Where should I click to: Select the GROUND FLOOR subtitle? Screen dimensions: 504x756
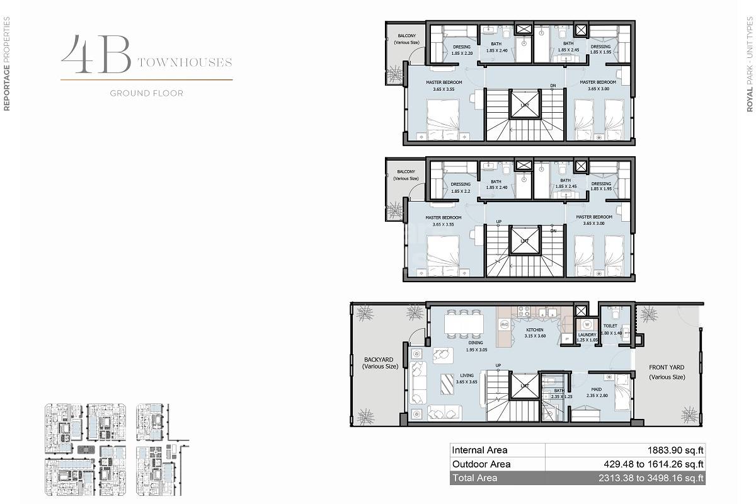pyautogui.click(x=146, y=93)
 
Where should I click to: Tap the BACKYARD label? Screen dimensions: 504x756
pyautogui.click(x=381, y=362)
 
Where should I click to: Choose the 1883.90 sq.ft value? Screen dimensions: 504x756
pyautogui.click(x=675, y=450)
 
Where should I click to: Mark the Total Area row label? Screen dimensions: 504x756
pyautogui.click(x=474, y=478)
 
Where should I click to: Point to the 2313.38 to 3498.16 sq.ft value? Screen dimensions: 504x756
pyautogui.click(x=651, y=478)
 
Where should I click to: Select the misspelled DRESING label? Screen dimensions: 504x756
pyautogui.click(x=462, y=47)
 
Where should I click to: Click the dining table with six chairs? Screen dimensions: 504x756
pyautogui.click(x=464, y=323)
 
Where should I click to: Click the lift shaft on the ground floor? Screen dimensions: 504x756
pyautogui.click(x=524, y=386)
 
